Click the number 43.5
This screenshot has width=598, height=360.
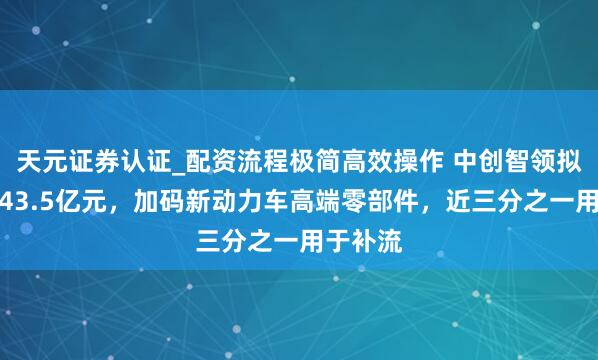(x=26, y=203)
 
